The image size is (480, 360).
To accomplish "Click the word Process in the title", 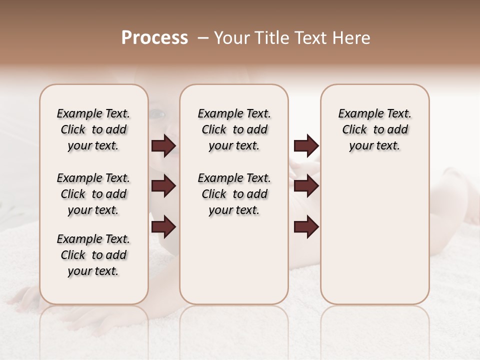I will (x=154, y=38).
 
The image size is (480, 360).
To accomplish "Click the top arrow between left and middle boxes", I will (x=163, y=146).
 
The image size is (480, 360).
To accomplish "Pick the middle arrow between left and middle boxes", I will (x=163, y=186).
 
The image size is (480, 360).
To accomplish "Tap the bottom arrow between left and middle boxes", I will (x=163, y=227).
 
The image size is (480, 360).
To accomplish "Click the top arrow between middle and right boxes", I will (x=306, y=146).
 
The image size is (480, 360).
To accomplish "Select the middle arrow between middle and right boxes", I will (x=306, y=186).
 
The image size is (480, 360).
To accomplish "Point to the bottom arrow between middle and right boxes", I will (x=306, y=227).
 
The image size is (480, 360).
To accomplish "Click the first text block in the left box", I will (x=93, y=129).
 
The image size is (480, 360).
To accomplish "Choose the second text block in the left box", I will (x=93, y=194).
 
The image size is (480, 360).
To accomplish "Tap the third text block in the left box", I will (x=93, y=255).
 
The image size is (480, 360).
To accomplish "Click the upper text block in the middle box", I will (x=234, y=129).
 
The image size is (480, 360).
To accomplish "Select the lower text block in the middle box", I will (x=234, y=194).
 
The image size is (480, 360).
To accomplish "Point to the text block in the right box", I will (x=375, y=129).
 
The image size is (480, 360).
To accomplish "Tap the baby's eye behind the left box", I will (x=158, y=114).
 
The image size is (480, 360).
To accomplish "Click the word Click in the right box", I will (x=355, y=130).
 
